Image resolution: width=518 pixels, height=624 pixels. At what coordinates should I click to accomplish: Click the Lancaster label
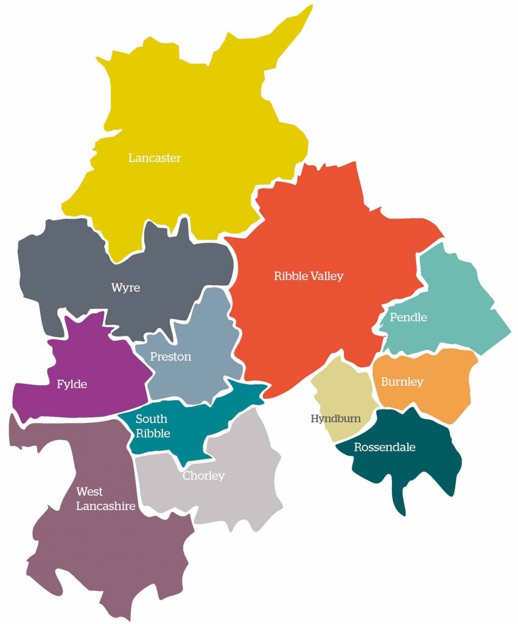tap(155, 158)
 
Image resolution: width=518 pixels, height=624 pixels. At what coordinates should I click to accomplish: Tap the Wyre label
tap(125, 288)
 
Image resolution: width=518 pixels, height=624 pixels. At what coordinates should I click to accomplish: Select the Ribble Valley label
tap(309, 276)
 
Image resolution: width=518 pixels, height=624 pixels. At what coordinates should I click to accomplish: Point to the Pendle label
tap(408, 317)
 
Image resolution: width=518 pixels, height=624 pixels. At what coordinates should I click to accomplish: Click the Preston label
tap(170, 356)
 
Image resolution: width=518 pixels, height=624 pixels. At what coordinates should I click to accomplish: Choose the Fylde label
tap(72, 385)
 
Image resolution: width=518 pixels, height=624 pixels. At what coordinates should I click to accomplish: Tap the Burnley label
tap(402, 382)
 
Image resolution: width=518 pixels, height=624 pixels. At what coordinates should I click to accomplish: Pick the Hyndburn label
tap(335, 419)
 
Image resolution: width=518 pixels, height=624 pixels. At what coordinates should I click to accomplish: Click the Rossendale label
tap(385, 447)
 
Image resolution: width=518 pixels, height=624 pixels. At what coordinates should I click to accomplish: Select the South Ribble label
tap(151, 426)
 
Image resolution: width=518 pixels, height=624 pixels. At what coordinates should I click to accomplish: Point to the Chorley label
tap(204, 476)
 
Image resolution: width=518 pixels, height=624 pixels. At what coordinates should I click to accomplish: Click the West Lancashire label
tap(105, 498)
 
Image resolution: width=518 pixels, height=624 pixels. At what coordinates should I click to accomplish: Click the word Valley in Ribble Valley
tap(326, 277)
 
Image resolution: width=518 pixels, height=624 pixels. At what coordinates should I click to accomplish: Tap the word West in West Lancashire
tap(89, 492)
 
